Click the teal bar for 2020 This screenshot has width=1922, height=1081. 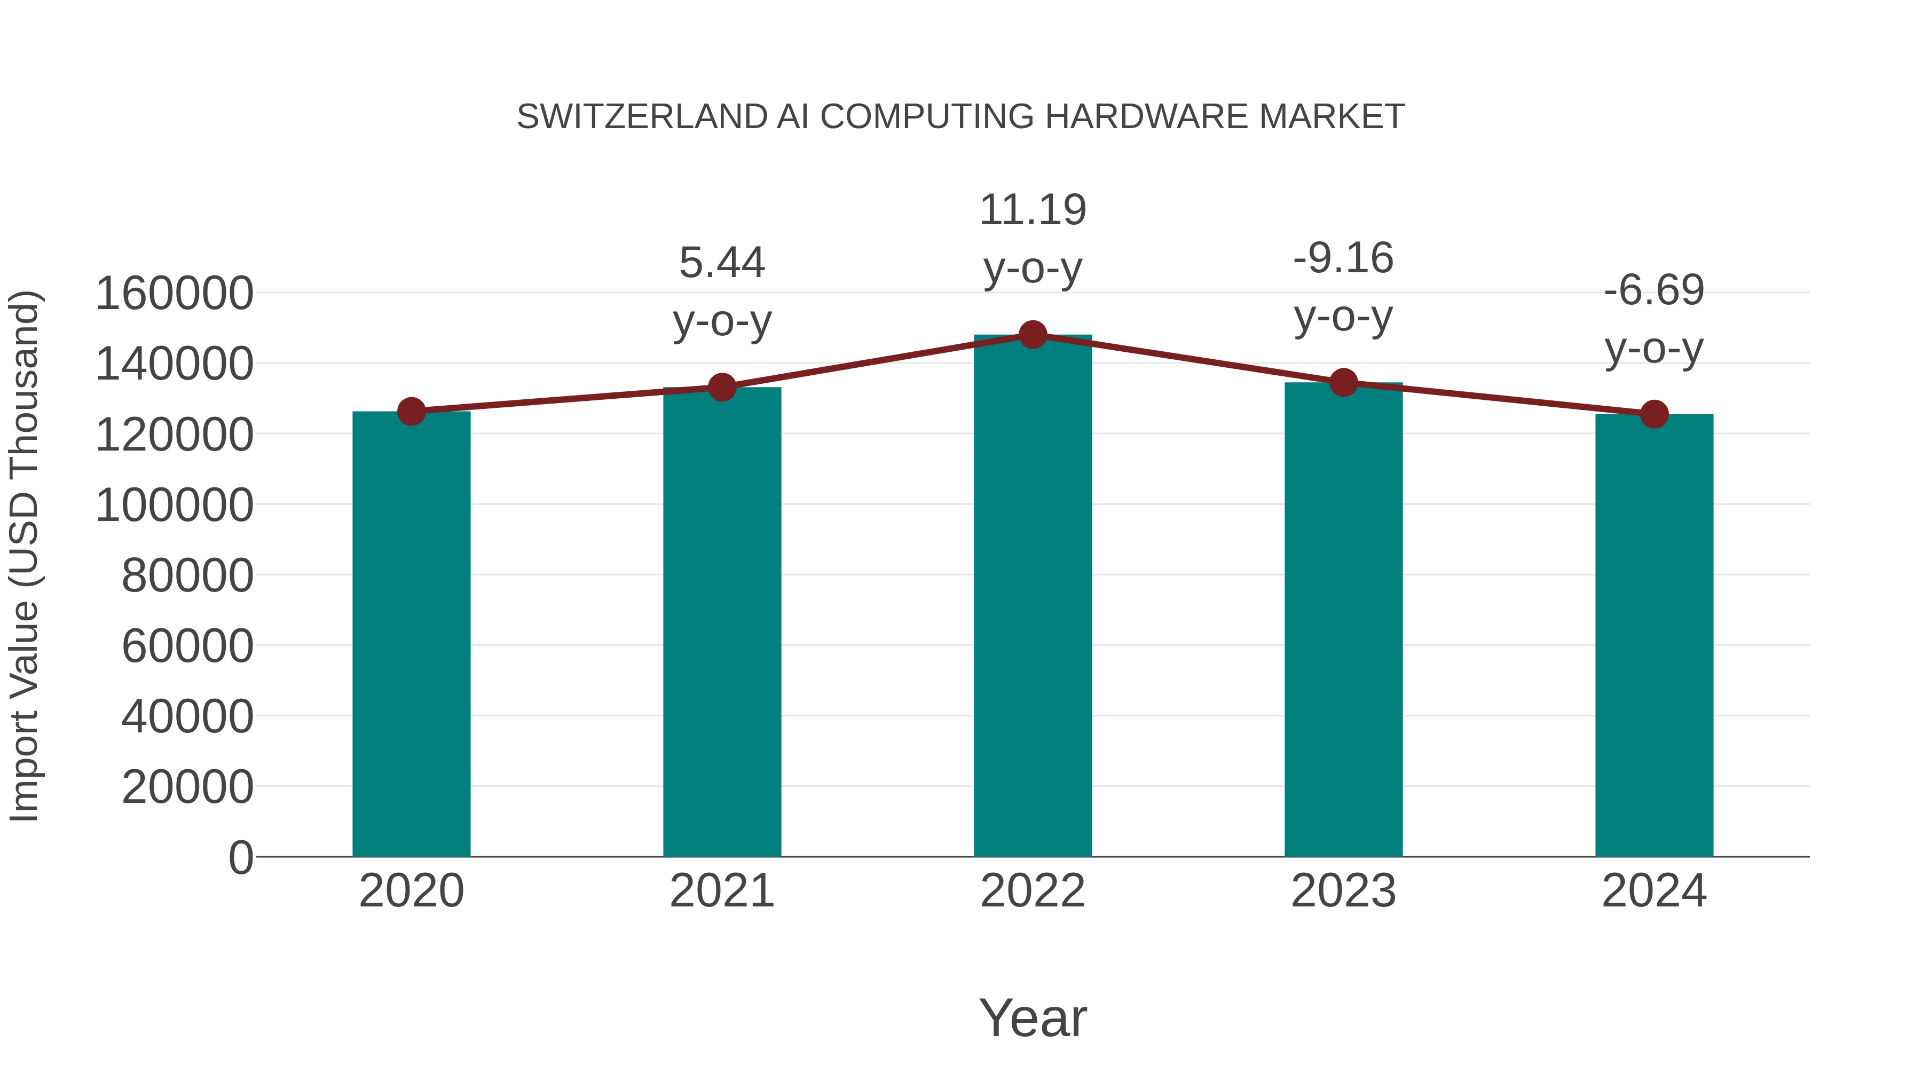coord(411,634)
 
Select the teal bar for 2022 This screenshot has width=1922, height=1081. coord(1033,597)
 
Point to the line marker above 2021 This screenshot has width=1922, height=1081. coord(721,387)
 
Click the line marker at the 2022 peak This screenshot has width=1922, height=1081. coord(1033,335)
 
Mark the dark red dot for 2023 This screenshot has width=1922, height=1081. coord(1343,383)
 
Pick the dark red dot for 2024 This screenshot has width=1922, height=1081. coord(1654,414)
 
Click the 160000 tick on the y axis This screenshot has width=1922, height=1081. coord(175,293)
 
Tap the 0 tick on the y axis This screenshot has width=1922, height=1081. coord(241,857)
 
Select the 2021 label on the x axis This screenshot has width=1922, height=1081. coord(721,891)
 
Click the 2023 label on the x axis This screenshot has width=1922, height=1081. coord(1343,891)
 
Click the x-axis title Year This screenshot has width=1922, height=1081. coord(1033,1017)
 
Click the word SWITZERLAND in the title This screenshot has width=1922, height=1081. coord(642,117)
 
